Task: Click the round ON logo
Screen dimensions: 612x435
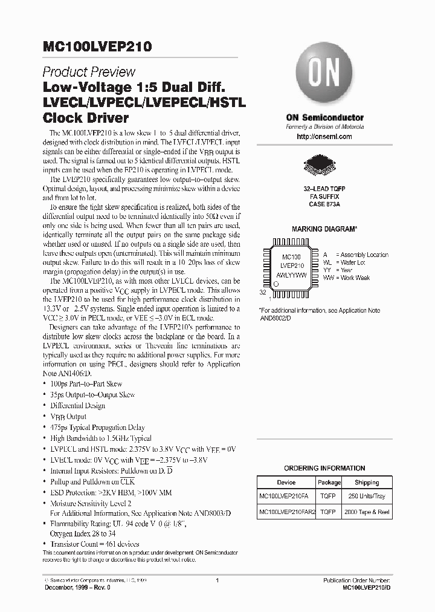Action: tap(325, 77)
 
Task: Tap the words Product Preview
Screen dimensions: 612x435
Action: tap(89, 72)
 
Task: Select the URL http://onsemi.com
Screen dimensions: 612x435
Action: tap(325, 137)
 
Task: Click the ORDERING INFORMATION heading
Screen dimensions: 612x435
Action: tap(324, 468)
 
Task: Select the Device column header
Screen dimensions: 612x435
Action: tap(286, 483)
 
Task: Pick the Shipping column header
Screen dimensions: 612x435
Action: tap(367, 483)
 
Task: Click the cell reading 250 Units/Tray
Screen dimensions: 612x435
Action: tap(367, 496)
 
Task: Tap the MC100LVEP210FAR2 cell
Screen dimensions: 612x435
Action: tap(286, 512)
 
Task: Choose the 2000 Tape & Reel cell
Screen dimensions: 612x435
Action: tap(367, 512)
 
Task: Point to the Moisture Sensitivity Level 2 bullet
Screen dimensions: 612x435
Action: tap(91, 503)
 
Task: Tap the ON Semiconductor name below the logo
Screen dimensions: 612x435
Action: tap(324, 117)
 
